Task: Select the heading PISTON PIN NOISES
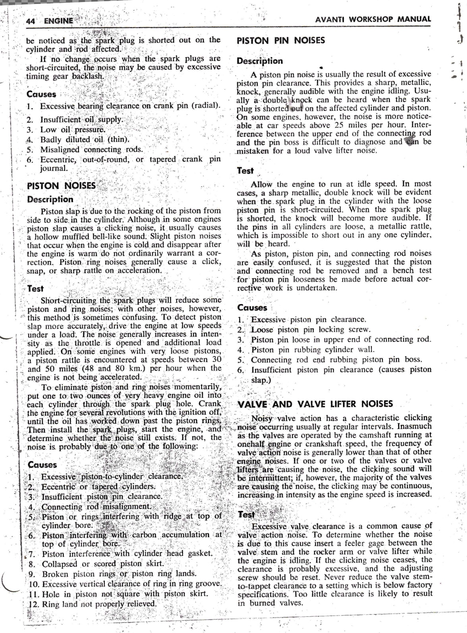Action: [280, 40]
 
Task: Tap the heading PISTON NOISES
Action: [61, 185]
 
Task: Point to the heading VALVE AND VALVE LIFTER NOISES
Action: [315, 404]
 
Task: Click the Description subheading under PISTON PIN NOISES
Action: [260, 61]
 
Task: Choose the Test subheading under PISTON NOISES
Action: [36, 289]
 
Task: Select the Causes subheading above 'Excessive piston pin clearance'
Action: [252, 308]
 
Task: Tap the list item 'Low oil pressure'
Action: [73, 129]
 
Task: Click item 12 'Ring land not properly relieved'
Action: [99, 604]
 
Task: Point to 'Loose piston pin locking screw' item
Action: [311, 330]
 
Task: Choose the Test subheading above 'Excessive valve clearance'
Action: [246, 515]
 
